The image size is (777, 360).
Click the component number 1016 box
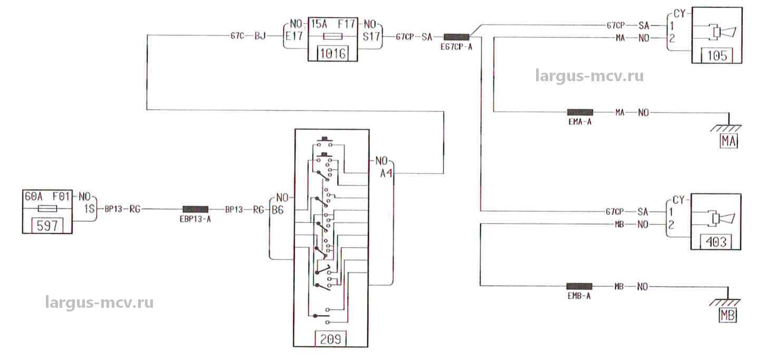pyautogui.click(x=332, y=54)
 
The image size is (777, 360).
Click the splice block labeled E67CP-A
pyautogui.click(x=457, y=37)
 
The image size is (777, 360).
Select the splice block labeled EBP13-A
pyautogui.click(x=195, y=209)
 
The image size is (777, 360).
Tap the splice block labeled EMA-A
pyautogui.click(x=580, y=112)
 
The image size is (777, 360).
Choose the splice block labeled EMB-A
pyautogui.click(x=579, y=286)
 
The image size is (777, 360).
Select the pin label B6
pyautogui.click(x=277, y=210)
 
